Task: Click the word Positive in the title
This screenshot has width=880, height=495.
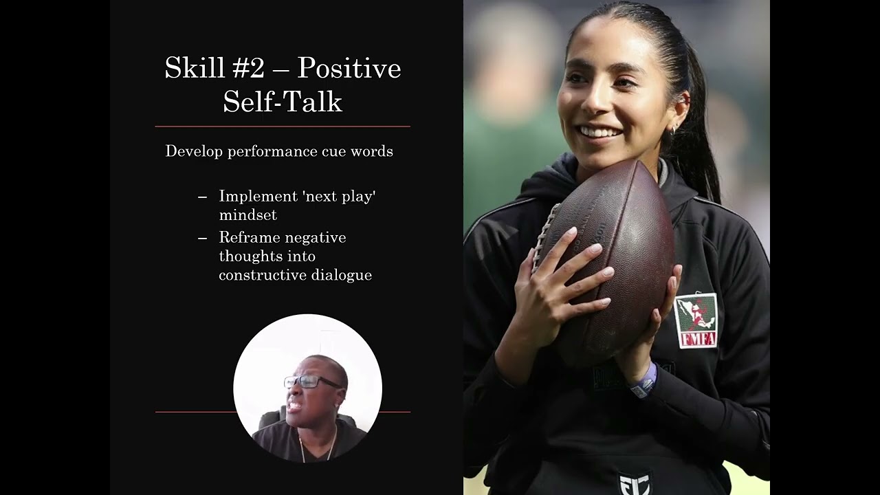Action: point(349,69)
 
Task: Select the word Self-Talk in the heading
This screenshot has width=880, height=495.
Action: point(283,101)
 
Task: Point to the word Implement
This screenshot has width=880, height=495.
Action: point(258,197)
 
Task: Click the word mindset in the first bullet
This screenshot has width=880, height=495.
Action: point(248,215)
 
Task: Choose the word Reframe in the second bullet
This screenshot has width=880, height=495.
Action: point(249,237)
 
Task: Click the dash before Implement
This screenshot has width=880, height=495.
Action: point(202,197)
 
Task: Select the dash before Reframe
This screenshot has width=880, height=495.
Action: point(202,238)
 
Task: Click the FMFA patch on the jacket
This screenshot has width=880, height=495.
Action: point(696,321)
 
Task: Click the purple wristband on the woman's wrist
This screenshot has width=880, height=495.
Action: point(644,382)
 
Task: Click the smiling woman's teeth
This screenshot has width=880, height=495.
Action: point(599,131)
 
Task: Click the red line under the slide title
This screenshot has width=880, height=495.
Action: point(283,126)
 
